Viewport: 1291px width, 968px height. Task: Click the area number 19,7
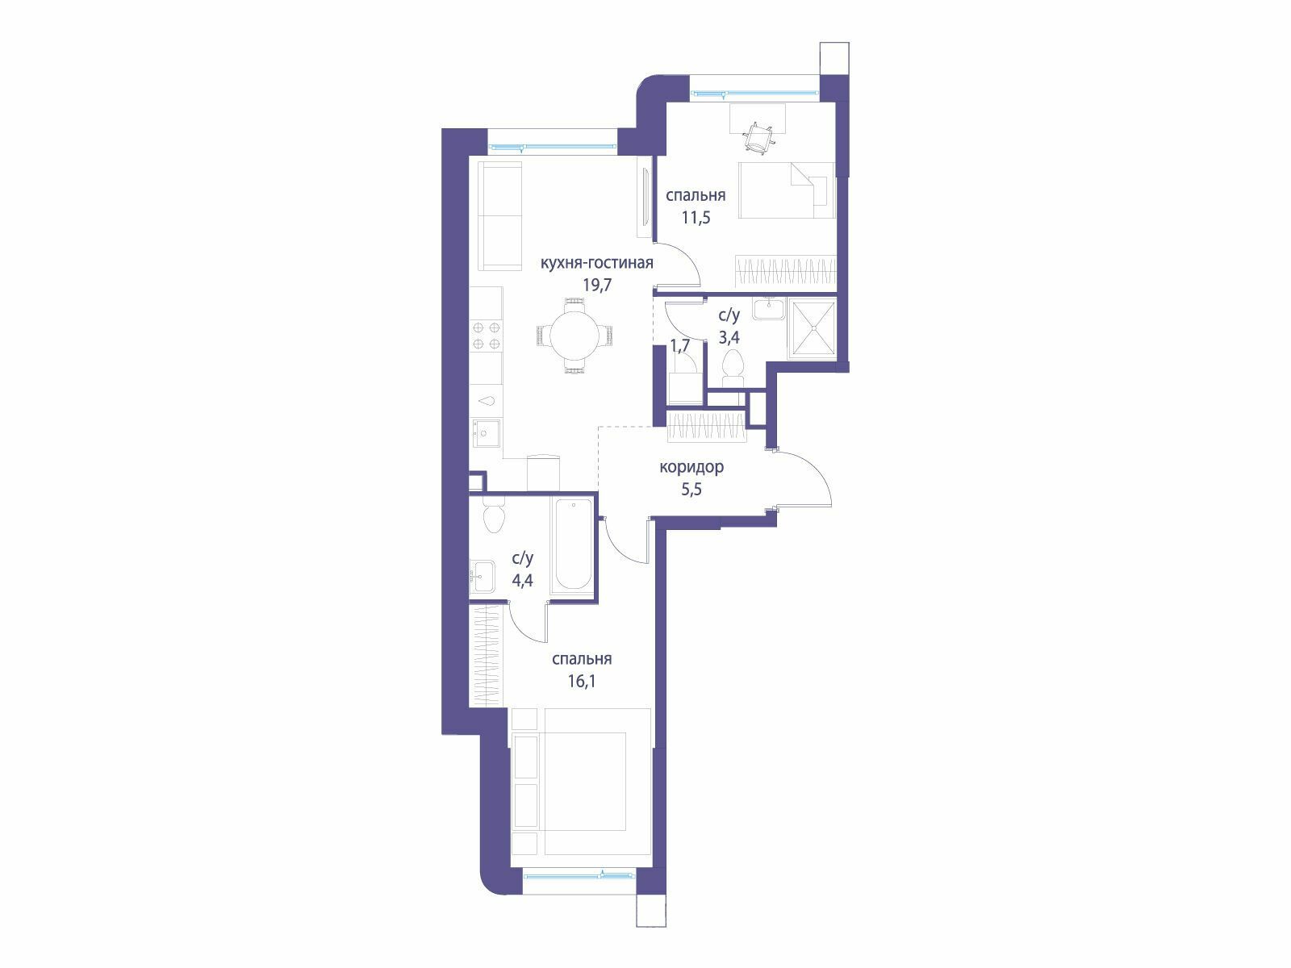tap(597, 285)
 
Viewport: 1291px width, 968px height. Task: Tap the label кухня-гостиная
tap(596, 263)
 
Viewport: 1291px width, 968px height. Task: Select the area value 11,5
tap(696, 218)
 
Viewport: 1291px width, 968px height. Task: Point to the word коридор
tap(691, 467)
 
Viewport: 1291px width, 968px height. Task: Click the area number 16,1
tap(582, 681)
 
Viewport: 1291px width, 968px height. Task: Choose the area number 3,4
tap(729, 337)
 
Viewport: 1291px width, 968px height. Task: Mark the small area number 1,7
tap(680, 346)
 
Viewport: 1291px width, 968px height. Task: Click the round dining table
tap(574, 336)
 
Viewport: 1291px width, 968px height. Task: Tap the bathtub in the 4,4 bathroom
tap(573, 544)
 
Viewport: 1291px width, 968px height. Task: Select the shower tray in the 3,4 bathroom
tap(813, 328)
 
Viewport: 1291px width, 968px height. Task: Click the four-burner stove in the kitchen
tap(487, 336)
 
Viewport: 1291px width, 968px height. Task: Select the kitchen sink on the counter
tap(485, 433)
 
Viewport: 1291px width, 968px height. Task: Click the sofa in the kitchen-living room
tap(500, 216)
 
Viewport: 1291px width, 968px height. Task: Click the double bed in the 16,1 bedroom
tap(597, 781)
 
